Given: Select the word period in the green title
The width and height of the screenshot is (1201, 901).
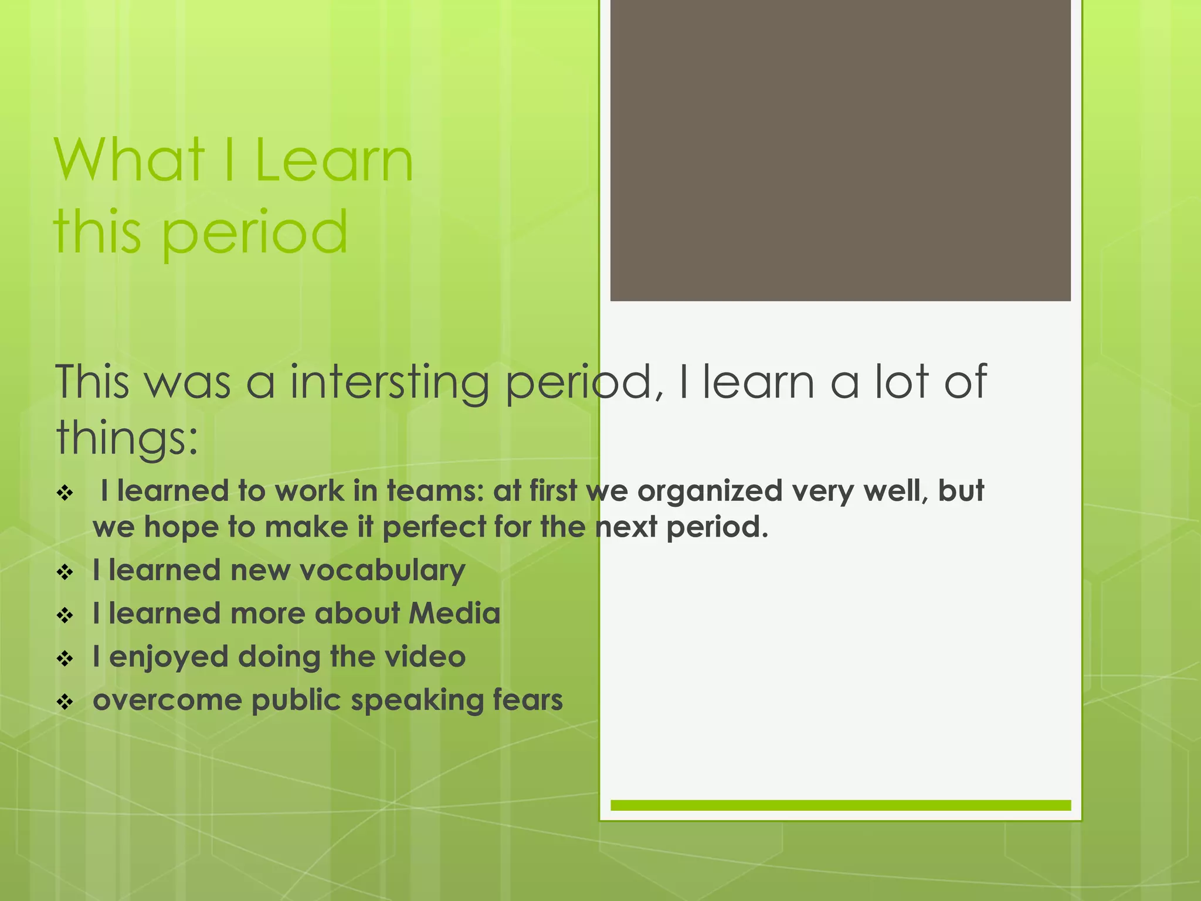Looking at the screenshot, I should pyautogui.click(x=254, y=233).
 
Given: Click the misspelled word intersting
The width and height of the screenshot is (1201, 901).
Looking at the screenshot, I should pyautogui.click(x=389, y=382).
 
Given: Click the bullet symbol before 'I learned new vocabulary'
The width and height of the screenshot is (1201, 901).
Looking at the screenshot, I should pyautogui.click(x=65, y=572).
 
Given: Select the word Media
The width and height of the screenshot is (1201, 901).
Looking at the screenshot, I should pyautogui.click(x=454, y=614).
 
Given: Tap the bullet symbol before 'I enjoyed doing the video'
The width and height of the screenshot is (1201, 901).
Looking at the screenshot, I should pyautogui.click(x=65, y=658).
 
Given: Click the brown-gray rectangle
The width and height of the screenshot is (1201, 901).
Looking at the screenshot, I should pyautogui.click(x=840, y=150).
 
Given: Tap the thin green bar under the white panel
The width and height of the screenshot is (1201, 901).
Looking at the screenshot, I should pyautogui.click(x=840, y=805).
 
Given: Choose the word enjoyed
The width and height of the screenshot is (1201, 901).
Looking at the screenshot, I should pyautogui.click(x=169, y=658).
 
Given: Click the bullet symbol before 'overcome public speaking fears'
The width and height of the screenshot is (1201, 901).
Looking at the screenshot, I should pyautogui.click(x=65, y=702).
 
